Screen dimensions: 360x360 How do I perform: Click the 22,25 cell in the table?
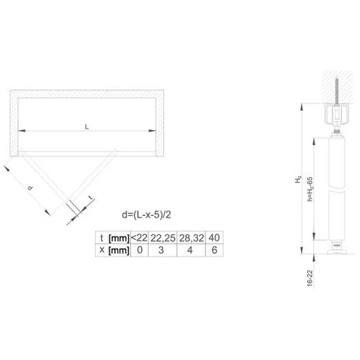[x=162, y=237]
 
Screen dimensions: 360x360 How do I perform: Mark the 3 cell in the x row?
[x=162, y=250]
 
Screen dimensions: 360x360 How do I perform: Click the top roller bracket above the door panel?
[x=336, y=123]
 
